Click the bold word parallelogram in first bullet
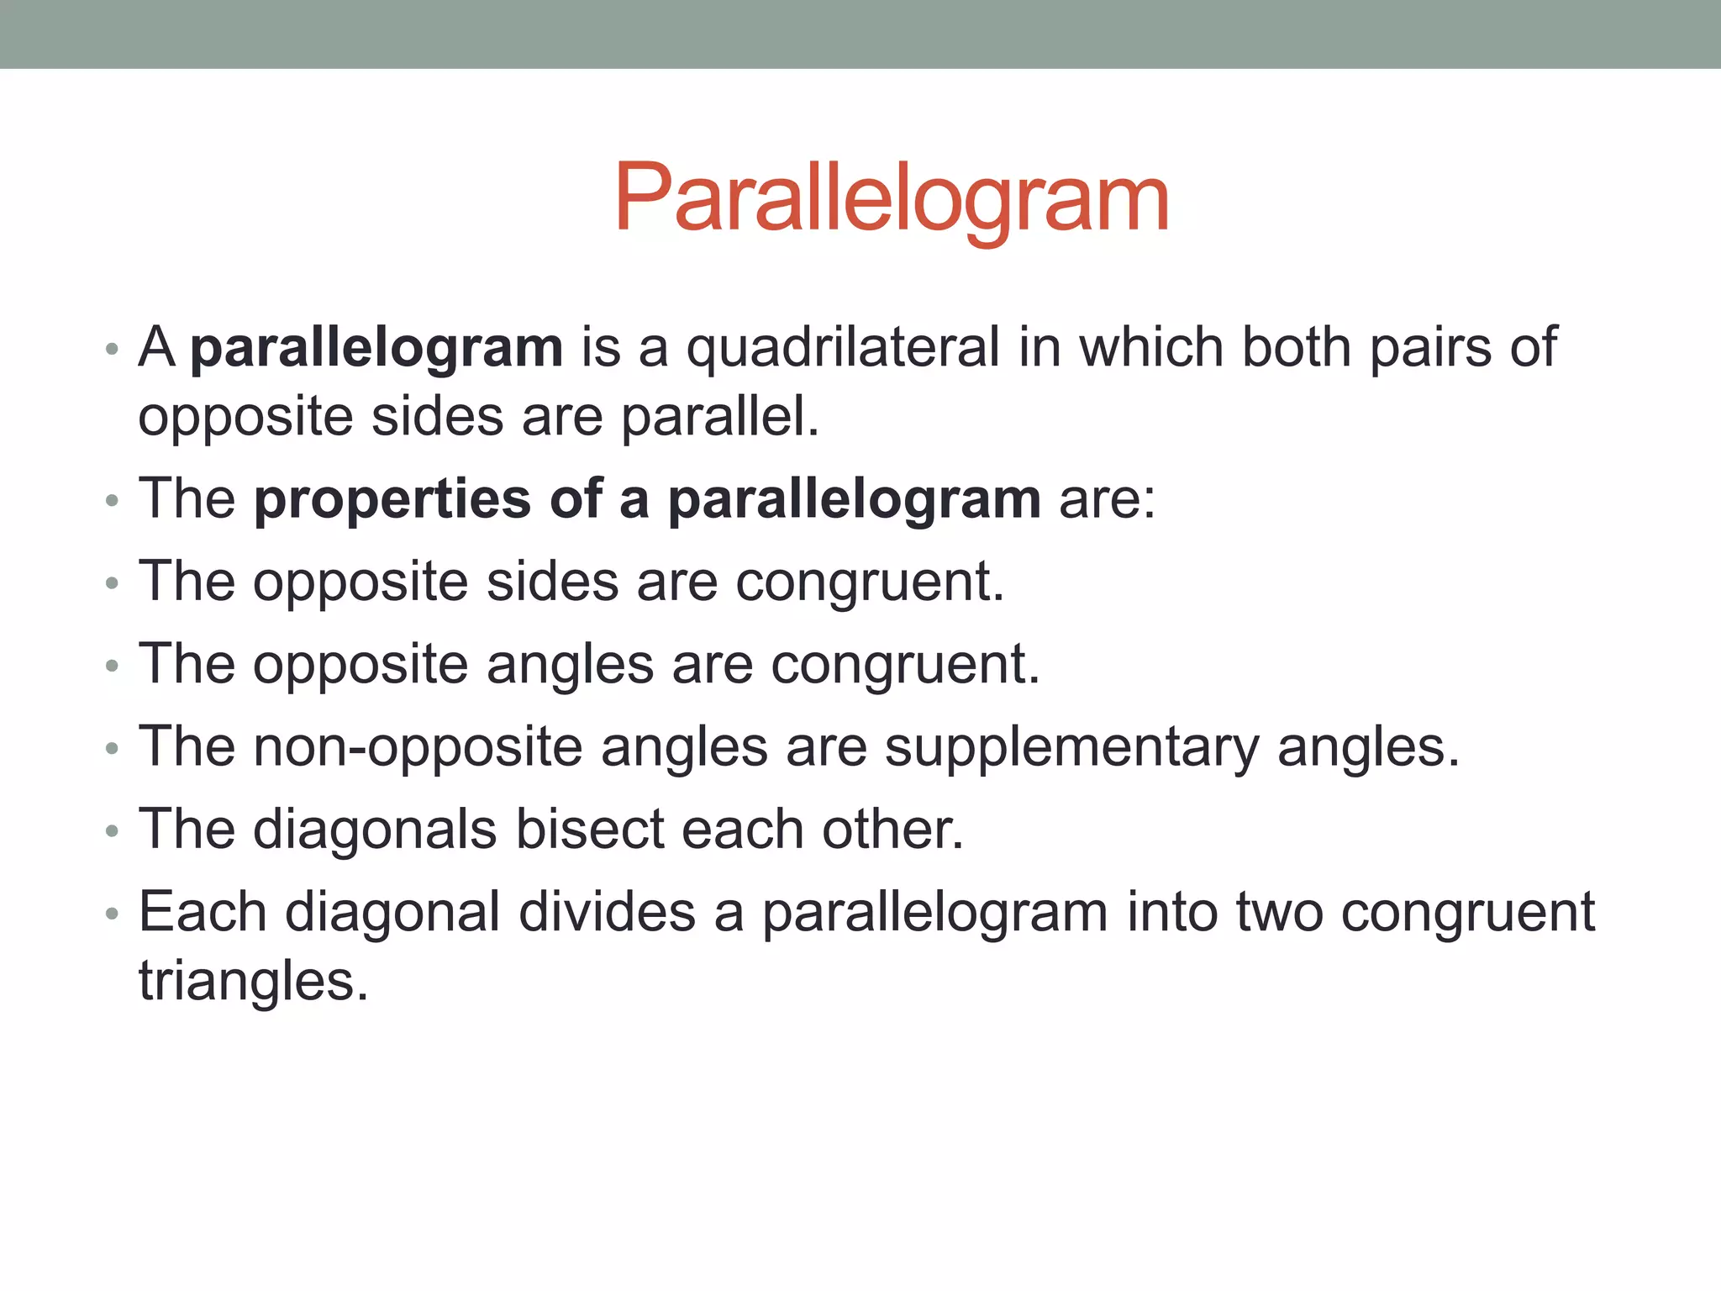376,348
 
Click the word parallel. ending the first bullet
719,417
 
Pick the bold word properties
392,499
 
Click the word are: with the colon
1107,499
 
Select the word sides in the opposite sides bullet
552,582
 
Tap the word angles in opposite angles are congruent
570,664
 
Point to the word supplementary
1071,746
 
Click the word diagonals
375,830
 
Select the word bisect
589,830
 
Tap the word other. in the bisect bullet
892,830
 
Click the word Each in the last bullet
203,912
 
